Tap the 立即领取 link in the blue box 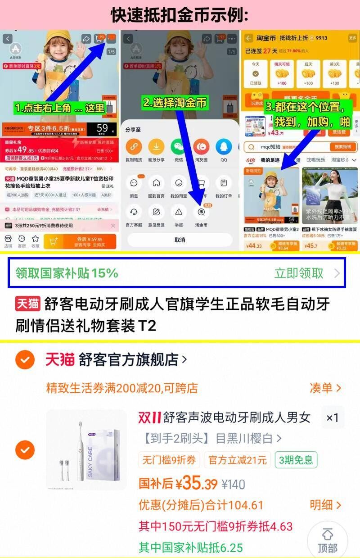(x=299, y=273)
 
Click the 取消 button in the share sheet (x=180, y=240)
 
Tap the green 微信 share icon (x=179, y=147)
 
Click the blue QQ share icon (x=224, y=147)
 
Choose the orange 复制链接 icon (x=134, y=147)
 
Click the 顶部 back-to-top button (x=328, y=540)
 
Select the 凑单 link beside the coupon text (x=325, y=388)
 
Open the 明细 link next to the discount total (x=325, y=505)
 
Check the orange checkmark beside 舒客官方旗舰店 (x=25, y=359)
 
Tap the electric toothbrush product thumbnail (x=86, y=450)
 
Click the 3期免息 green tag (x=296, y=460)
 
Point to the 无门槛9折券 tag (x=169, y=460)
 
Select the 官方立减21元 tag (x=238, y=460)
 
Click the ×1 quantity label (x=332, y=418)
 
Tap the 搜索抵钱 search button (x=343, y=147)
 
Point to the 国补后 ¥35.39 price (x=178, y=484)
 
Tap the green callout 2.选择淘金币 (x=175, y=103)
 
